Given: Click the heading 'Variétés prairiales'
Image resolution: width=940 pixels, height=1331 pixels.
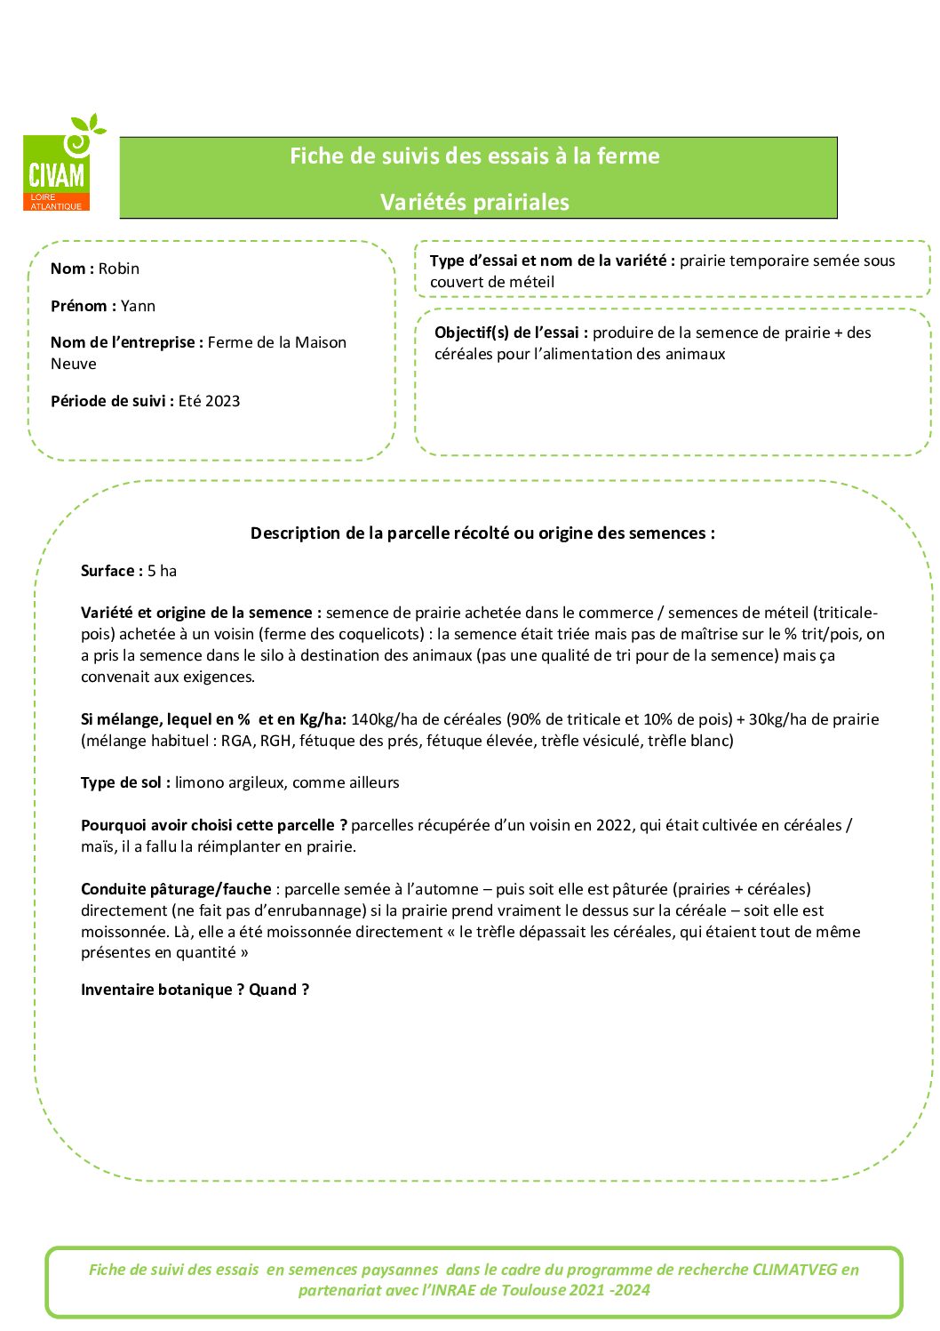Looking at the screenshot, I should tap(474, 202).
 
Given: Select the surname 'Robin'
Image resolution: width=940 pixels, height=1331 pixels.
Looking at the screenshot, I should tap(119, 269).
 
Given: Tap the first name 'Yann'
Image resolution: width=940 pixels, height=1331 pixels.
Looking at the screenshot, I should tap(138, 306).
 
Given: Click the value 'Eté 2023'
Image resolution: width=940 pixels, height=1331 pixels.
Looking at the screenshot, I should tap(209, 401).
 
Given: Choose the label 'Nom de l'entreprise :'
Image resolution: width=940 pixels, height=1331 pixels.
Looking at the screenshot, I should tap(127, 342).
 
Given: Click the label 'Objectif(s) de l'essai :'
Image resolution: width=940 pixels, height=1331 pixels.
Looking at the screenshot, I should tap(511, 333).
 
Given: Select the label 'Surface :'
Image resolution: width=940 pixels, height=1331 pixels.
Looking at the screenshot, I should tap(112, 571).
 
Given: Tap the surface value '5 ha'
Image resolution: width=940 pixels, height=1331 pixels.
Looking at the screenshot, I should tap(163, 571).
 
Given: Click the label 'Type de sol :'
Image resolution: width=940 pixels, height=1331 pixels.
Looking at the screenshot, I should tap(125, 782).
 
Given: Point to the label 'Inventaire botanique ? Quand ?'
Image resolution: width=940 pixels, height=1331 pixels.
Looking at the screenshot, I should tap(195, 990).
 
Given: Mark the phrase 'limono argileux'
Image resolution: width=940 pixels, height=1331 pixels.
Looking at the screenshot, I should tap(228, 782).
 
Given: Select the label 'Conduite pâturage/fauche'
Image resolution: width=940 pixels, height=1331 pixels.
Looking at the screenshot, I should tap(176, 889).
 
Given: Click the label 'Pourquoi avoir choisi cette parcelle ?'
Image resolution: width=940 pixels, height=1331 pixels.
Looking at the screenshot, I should tap(213, 825).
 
